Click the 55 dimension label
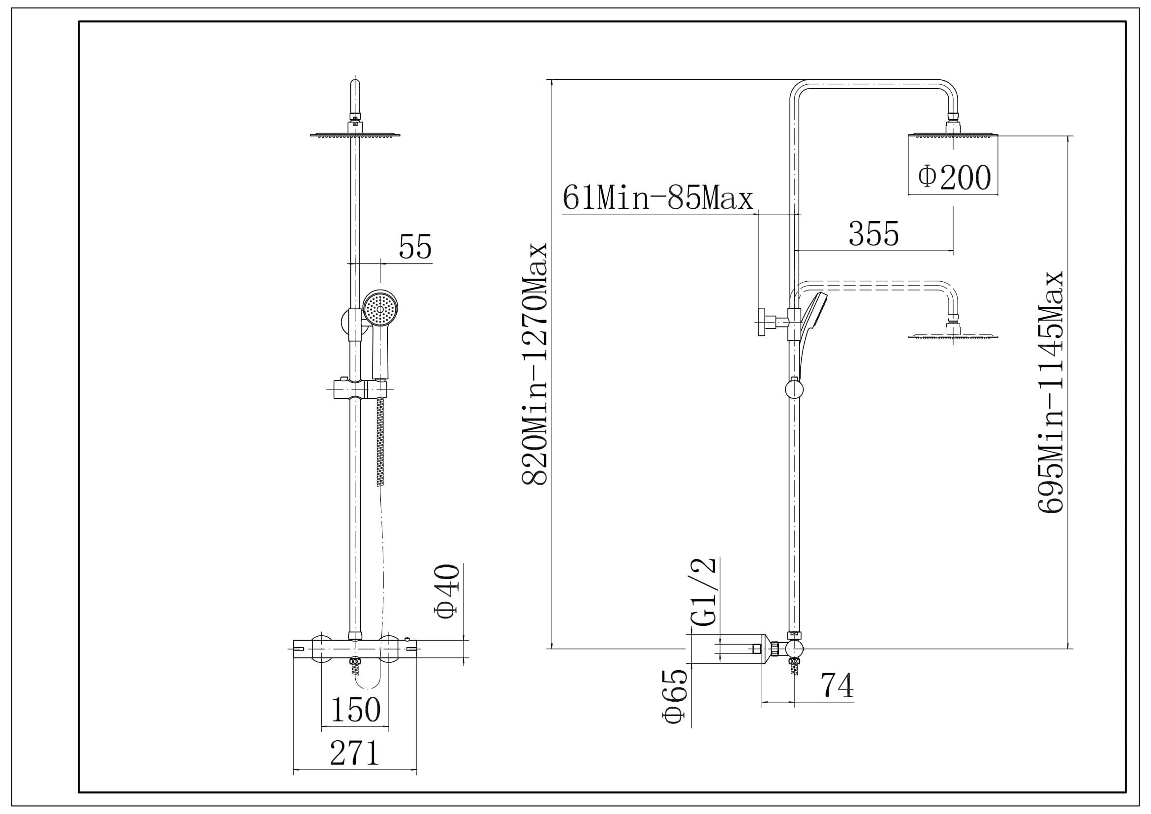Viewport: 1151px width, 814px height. point(415,247)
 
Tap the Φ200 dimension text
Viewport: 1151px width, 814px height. point(955,177)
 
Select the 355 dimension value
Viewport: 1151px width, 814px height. point(874,234)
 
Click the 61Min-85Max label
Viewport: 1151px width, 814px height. point(658,197)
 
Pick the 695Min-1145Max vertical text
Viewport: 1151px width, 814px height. point(1050,392)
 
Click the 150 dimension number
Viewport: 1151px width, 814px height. point(355,709)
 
